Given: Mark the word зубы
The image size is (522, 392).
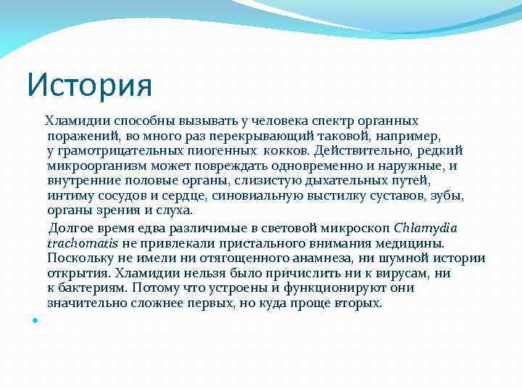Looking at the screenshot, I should (447, 196).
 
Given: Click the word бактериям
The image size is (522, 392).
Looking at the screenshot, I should (90, 288).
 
